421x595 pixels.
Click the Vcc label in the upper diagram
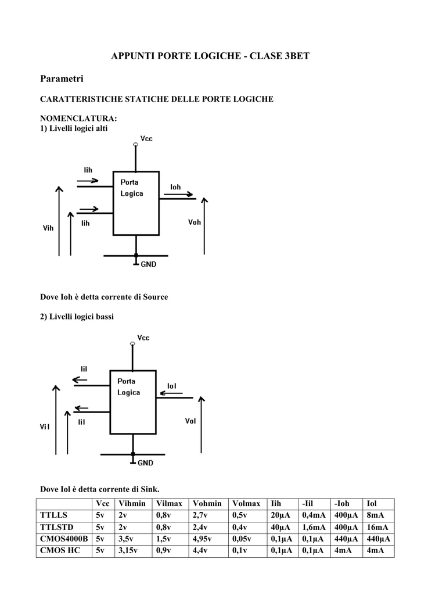click(x=147, y=139)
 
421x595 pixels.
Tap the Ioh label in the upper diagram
click(x=175, y=187)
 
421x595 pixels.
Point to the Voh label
click(x=195, y=222)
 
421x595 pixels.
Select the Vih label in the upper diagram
click(x=48, y=228)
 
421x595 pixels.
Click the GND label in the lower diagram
click(x=145, y=463)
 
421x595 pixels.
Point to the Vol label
click(x=190, y=421)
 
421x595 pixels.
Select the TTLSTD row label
click(x=55, y=527)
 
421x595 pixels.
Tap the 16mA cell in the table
click(x=376, y=527)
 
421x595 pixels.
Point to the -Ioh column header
click(x=343, y=504)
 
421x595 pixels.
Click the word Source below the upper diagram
click(x=155, y=297)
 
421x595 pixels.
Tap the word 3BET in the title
click(x=294, y=56)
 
